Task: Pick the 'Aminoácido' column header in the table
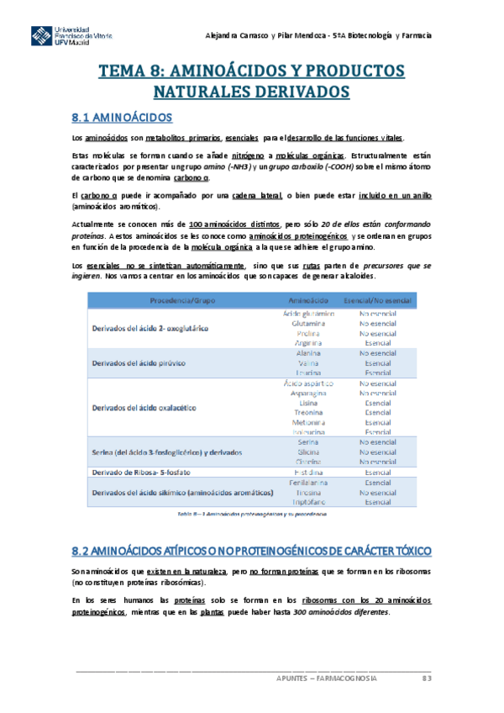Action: (x=308, y=299)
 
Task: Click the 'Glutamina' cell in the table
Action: (x=308, y=323)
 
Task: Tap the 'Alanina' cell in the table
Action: (x=308, y=353)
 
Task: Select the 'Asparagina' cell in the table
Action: (x=308, y=393)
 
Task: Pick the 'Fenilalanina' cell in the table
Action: (x=308, y=483)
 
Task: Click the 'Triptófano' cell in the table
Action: (x=308, y=502)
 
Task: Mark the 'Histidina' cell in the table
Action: (x=308, y=473)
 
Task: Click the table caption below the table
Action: (x=251, y=513)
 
